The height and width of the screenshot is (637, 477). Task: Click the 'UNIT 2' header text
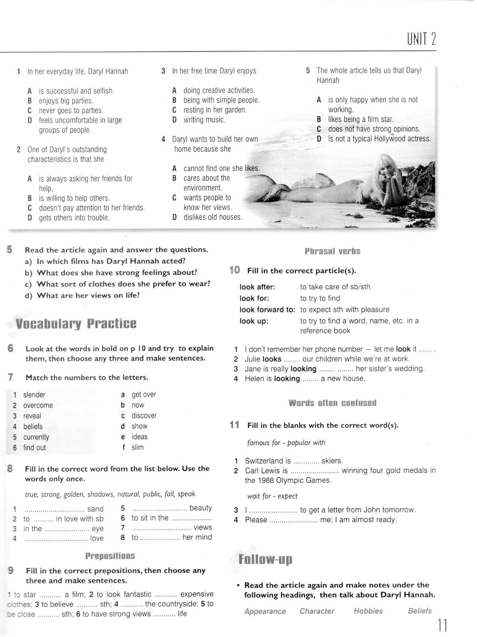(x=421, y=38)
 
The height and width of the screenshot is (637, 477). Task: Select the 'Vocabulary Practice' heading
(x=76, y=324)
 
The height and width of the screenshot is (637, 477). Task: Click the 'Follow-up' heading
(x=265, y=559)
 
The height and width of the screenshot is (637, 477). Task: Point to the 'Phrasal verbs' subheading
(x=332, y=251)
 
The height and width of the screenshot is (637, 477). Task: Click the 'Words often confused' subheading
(x=332, y=403)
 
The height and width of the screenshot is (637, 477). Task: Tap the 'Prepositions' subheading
(x=110, y=556)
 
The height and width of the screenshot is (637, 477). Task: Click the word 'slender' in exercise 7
(x=34, y=395)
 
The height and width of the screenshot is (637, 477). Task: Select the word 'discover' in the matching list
(x=144, y=416)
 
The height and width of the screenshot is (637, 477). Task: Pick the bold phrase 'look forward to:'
(x=267, y=310)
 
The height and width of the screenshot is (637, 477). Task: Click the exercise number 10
(x=234, y=270)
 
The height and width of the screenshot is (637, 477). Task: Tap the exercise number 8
(x=10, y=469)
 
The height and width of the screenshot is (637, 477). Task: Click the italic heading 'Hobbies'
(x=368, y=611)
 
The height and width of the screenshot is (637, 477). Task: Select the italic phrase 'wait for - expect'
(x=272, y=496)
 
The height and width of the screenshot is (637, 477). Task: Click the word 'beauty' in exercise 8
(x=200, y=508)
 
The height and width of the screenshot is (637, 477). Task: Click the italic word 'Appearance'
(x=265, y=611)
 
